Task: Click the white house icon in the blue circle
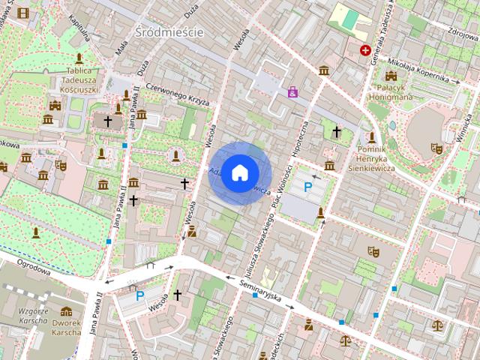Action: click(x=238, y=173)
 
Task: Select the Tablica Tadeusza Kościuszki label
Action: click(x=79, y=78)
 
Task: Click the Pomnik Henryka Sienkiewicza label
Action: click(x=373, y=157)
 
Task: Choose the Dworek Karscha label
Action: click(x=67, y=327)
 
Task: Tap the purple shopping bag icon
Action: click(x=292, y=92)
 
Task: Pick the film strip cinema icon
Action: click(x=23, y=13)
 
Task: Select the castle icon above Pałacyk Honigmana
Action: click(x=391, y=76)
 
